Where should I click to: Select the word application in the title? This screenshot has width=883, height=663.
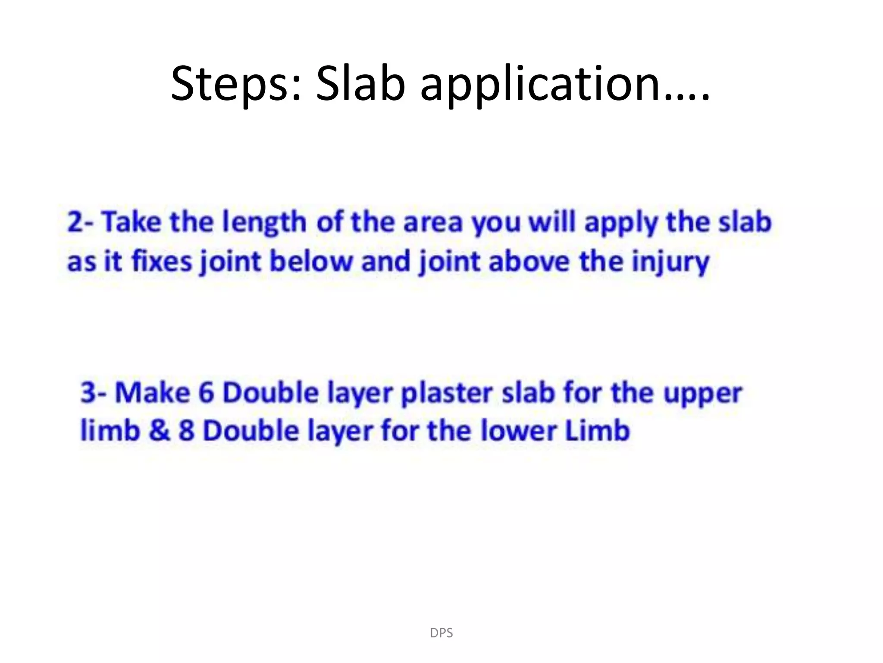(x=565, y=84)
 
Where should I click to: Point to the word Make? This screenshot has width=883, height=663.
(x=152, y=392)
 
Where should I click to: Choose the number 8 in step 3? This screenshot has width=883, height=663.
(x=186, y=430)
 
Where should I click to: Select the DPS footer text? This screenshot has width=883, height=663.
(x=441, y=633)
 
